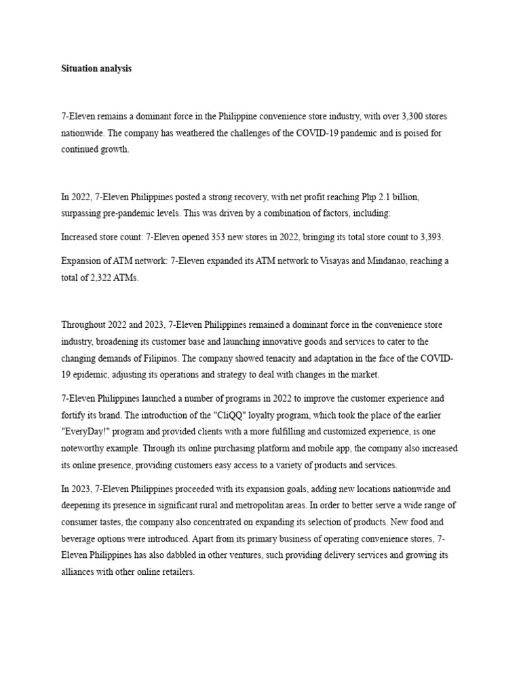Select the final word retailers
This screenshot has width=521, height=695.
pyautogui.click(x=176, y=571)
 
